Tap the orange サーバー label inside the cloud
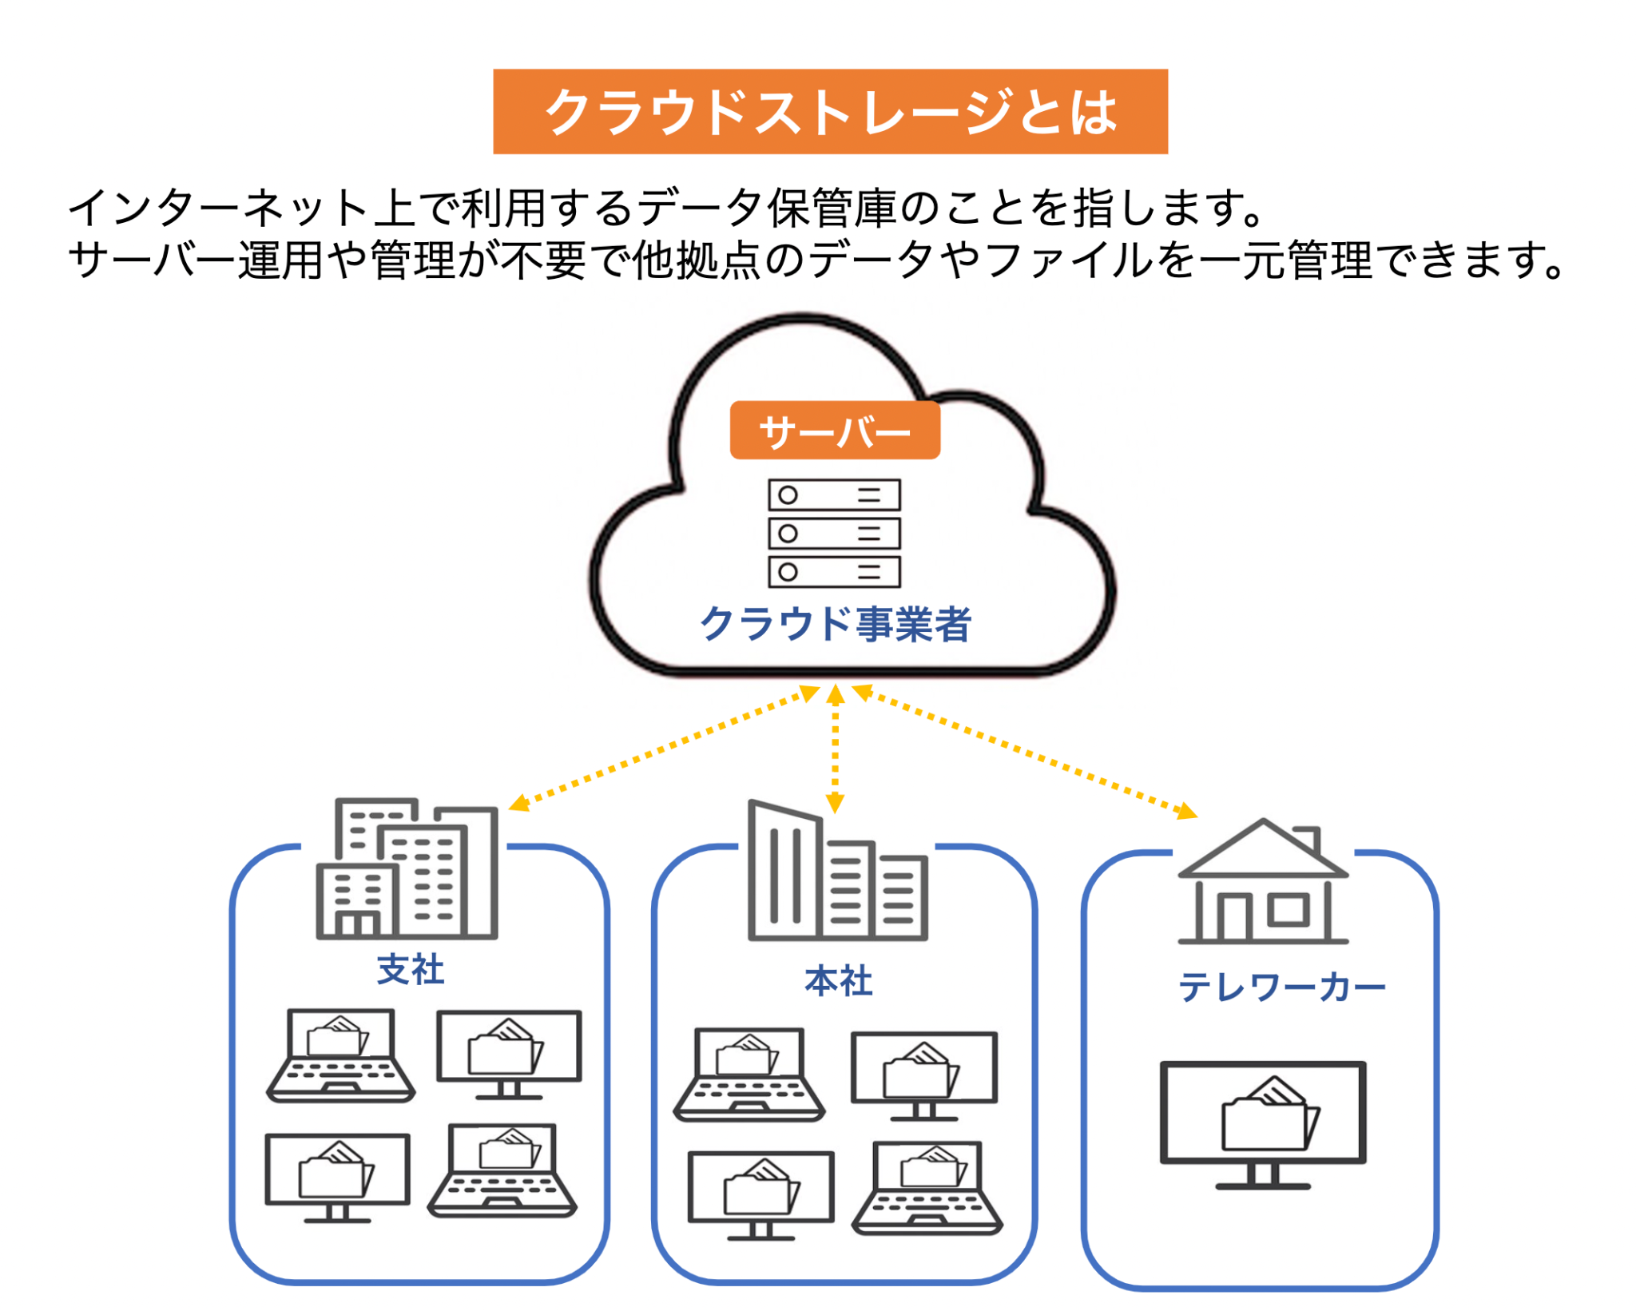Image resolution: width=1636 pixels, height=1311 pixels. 834,431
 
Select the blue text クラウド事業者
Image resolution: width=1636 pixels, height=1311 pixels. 834,623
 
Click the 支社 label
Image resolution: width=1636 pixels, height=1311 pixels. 410,969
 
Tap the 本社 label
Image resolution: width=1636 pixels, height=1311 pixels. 837,980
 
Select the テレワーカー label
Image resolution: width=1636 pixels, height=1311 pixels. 1281,987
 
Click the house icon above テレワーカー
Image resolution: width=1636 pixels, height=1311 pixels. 1262,883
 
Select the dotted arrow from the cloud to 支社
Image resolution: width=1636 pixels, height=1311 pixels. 663,748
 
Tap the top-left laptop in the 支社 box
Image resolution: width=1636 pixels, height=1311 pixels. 340,1055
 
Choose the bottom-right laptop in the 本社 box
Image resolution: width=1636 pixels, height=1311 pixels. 927,1187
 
